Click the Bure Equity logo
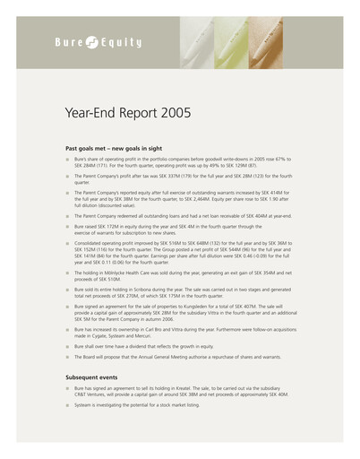(x=90, y=41)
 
